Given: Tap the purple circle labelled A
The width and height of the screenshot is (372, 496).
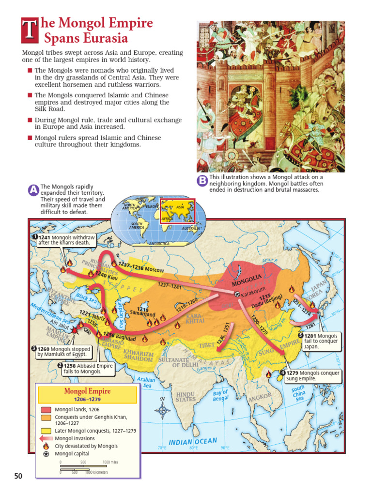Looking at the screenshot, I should click(33, 191).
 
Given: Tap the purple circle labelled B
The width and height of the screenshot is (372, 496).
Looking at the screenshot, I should click(202, 181).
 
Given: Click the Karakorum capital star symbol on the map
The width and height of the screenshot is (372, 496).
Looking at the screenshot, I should click(236, 294).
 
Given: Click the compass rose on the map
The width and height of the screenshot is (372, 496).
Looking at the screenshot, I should click(162, 411).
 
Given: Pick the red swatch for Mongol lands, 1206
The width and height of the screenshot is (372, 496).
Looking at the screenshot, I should click(46, 409).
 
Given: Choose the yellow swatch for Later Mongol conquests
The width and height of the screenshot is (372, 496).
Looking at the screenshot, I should click(46, 430).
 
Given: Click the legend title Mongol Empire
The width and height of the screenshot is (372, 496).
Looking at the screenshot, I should click(87, 391).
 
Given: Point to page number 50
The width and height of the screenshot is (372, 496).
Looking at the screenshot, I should click(18, 476).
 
